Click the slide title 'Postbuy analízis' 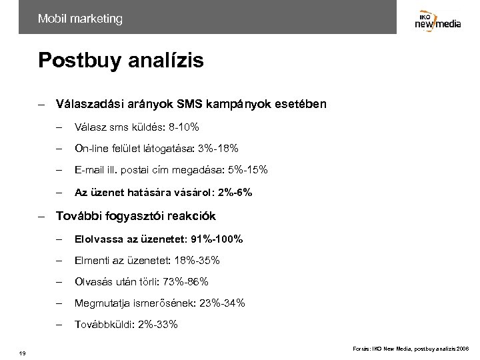[121, 61]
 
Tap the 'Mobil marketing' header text [80, 19]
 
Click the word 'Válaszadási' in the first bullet [88, 105]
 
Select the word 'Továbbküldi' [101, 325]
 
